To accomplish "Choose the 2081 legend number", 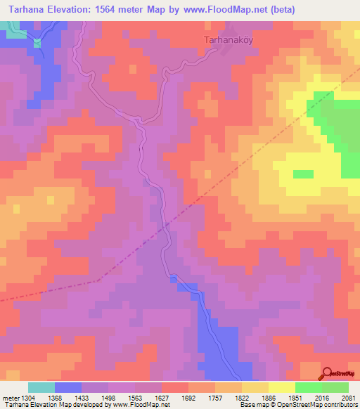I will coord(349,398).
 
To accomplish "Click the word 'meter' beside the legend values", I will coord(10,398).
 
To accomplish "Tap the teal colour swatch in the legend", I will coord(41,387).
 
